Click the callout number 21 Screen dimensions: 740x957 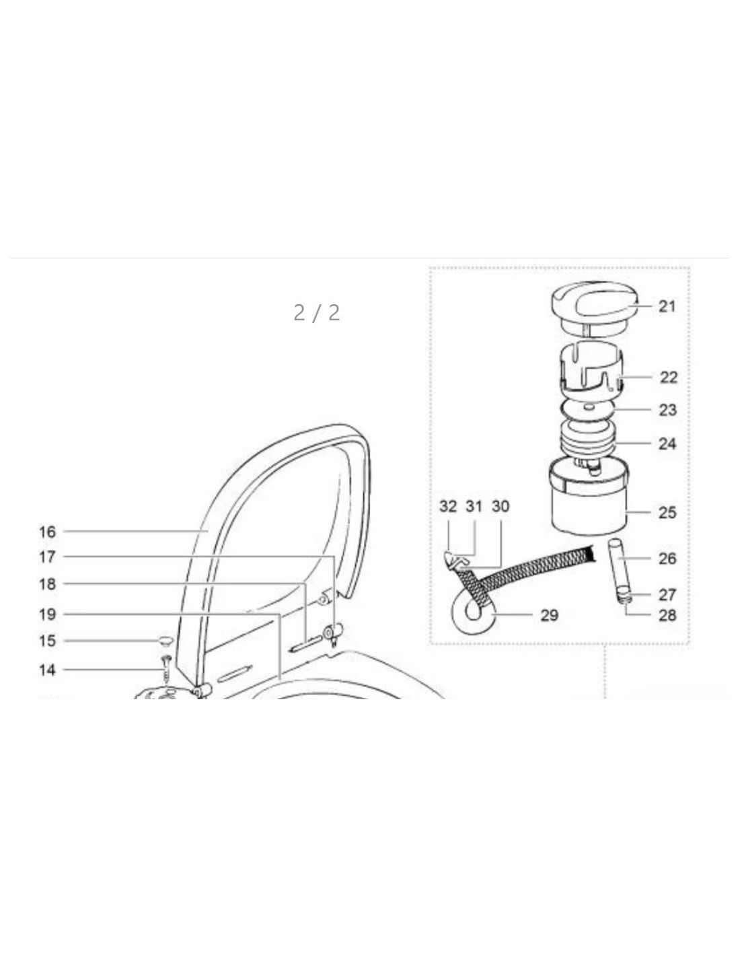point(667,306)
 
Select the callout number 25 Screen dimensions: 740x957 point(667,513)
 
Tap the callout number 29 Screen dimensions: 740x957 point(550,615)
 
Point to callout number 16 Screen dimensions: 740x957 point(48,532)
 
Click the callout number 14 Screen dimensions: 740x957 point(48,670)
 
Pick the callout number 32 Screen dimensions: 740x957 point(448,507)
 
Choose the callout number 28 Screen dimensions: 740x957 point(667,615)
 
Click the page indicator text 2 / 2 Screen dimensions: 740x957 point(316,313)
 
